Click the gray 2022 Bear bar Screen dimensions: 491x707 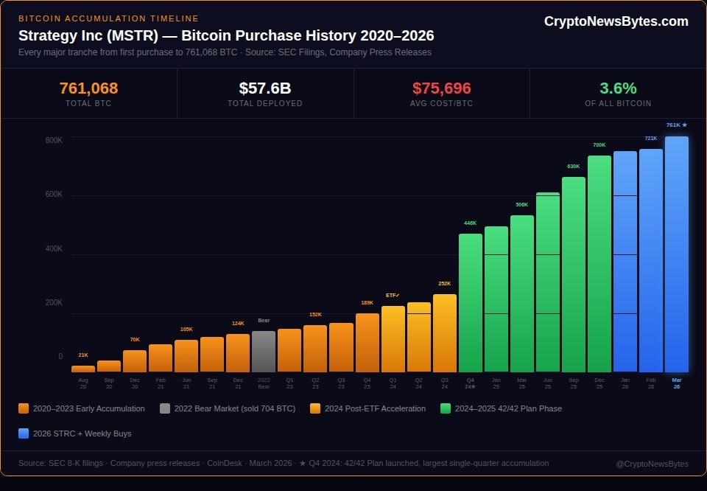point(264,352)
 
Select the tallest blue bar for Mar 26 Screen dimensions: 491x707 point(676,254)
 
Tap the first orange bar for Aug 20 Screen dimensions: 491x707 point(83,369)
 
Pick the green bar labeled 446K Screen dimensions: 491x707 point(470,303)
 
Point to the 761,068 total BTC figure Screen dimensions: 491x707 point(88,88)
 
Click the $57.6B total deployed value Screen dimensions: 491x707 point(265,88)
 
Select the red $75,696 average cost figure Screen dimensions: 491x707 point(441,88)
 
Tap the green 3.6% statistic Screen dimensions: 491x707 point(618,88)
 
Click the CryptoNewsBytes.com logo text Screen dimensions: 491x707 point(616,21)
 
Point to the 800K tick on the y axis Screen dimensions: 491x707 point(54,140)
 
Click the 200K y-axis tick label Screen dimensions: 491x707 point(54,302)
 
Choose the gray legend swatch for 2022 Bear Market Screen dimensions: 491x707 point(164,408)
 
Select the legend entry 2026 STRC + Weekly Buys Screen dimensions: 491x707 point(82,433)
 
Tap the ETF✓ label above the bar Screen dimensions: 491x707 point(393,295)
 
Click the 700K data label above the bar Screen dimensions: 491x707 point(599,144)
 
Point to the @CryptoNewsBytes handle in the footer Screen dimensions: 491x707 point(652,464)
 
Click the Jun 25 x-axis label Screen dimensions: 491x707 point(547,383)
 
